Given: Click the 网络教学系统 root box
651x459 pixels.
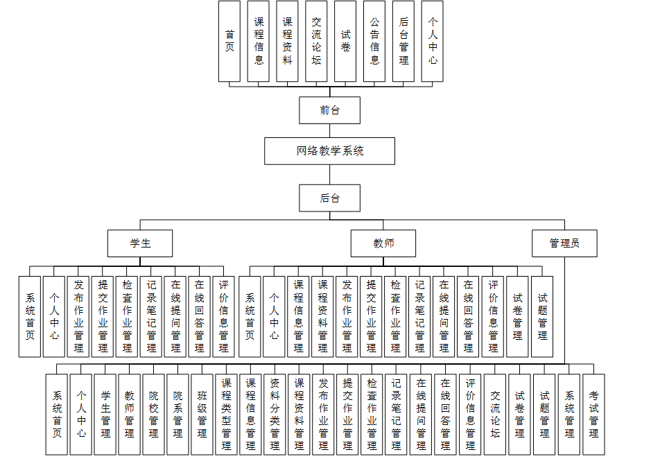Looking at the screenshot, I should (330, 150).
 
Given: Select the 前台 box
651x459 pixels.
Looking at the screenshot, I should (330, 110).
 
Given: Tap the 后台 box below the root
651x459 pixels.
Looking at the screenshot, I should (330, 198).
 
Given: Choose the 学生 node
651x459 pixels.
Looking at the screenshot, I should (140, 243).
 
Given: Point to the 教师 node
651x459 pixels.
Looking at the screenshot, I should (383, 243).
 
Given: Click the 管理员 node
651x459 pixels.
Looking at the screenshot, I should (564, 243).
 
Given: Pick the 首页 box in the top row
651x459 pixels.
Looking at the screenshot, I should (229, 41).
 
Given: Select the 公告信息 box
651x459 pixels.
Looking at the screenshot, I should (374, 41).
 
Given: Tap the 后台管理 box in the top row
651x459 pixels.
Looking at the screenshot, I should (403, 41).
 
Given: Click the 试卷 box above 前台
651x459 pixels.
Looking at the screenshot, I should (345, 41).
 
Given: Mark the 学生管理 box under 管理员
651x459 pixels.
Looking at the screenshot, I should (105, 414).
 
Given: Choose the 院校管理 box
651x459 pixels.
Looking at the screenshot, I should (154, 414).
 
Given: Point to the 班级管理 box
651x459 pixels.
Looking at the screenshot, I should (202, 414).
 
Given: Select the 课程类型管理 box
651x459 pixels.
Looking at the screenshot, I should (227, 414).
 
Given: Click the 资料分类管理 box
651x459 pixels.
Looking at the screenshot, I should (275, 414).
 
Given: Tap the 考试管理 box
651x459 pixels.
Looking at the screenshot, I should (594, 414).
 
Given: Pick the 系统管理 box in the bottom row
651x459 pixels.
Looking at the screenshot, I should (570, 414).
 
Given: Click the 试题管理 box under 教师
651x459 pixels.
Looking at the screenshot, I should (542, 316).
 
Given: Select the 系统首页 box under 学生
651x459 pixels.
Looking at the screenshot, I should (30, 316).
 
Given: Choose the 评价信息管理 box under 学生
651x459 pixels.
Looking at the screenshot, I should (224, 316).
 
